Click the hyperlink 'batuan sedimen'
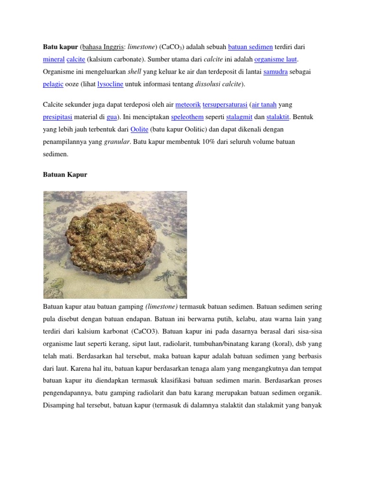[250, 47]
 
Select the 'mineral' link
[53, 59]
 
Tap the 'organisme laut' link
[276, 59]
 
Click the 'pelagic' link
[53, 84]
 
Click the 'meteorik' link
[188, 104]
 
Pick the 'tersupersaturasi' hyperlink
[225, 104]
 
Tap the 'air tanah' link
[264, 104]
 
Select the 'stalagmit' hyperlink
[239, 116]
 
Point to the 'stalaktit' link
[278, 116]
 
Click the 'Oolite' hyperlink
[139, 129]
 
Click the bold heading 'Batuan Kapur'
[65, 174]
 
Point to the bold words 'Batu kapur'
[60, 47]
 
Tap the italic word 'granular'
[116, 141]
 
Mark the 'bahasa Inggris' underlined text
[103, 47]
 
